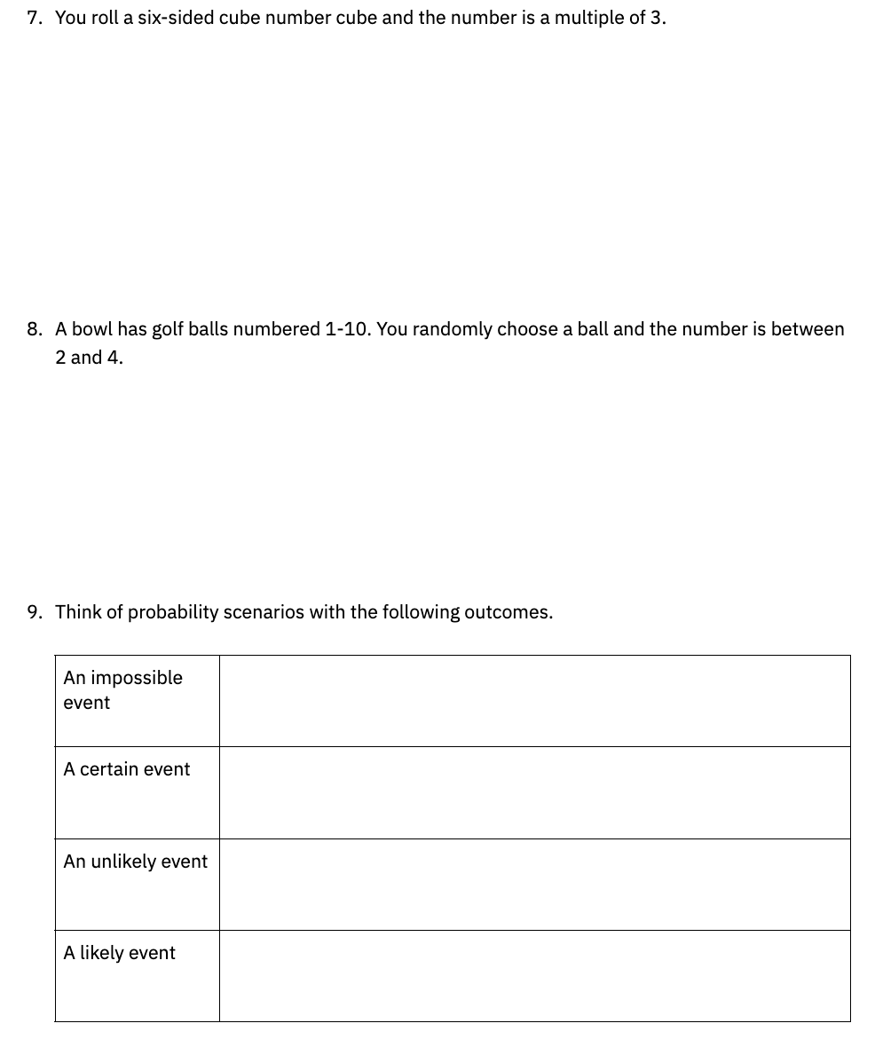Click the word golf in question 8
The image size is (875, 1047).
pos(168,330)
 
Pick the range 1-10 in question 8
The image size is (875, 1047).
pos(347,329)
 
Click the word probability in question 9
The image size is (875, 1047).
pos(173,613)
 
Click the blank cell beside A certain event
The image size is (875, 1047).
pos(534,792)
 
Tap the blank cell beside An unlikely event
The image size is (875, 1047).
pos(534,885)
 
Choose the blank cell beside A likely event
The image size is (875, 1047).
pos(534,976)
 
